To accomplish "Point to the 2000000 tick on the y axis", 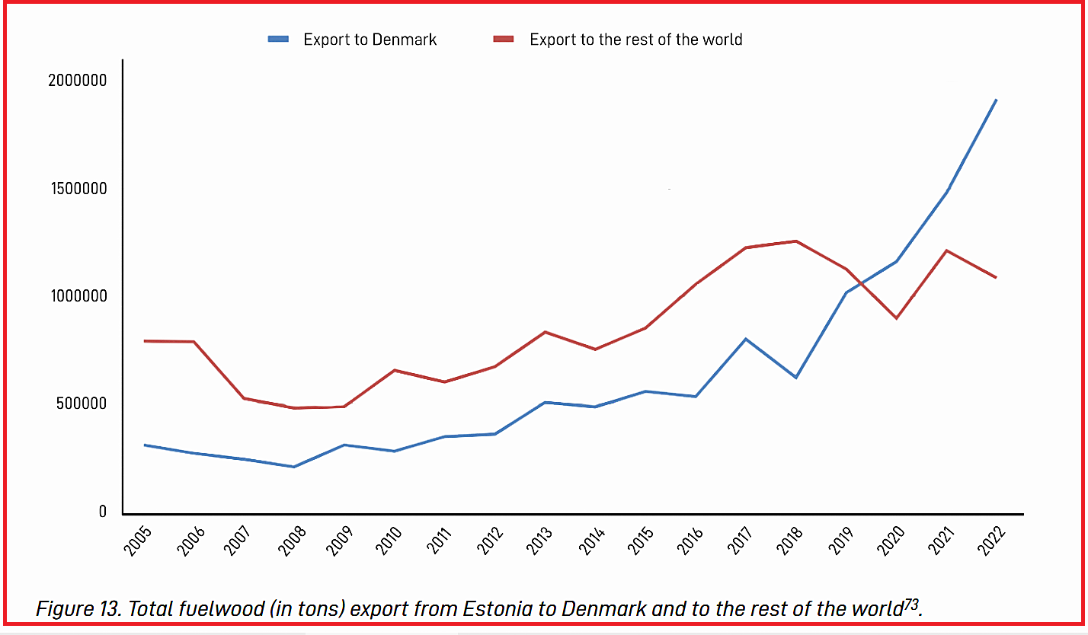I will point(77,81).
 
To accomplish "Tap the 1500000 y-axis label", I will point(77,189).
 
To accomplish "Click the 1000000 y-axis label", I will point(77,296).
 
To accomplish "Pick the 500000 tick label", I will point(81,404).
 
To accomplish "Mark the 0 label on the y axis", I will point(103,512).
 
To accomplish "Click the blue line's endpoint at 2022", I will point(996,100).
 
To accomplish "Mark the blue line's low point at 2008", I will point(293,467).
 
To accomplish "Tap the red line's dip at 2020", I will point(896,318).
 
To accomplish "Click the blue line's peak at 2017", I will point(745,339).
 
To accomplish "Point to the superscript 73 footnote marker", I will point(911,604).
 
